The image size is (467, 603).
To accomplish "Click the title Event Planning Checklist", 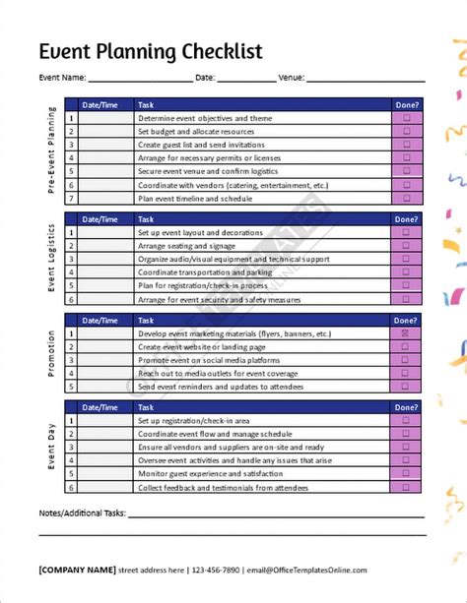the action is [x=150, y=51].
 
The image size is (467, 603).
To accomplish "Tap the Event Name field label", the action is [x=62, y=77].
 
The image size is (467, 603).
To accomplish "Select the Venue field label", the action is [x=292, y=77].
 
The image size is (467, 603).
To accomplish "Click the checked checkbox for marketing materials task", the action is [x=406, y=333].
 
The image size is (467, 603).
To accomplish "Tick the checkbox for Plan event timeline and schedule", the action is [x=406, y=197].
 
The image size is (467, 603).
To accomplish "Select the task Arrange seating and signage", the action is [x=187, y=245].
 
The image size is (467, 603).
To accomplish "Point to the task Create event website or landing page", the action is [x=202, y=347].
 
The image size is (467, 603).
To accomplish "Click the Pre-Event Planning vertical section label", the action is [x=51, y=151].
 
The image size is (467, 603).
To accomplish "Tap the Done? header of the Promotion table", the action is [x=406, y=320].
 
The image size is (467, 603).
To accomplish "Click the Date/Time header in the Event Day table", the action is [x=100, y=406].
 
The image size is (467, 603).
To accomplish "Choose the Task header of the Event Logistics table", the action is [x=146, y=218].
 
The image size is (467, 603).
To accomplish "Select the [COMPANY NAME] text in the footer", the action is [x=76, y=570].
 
